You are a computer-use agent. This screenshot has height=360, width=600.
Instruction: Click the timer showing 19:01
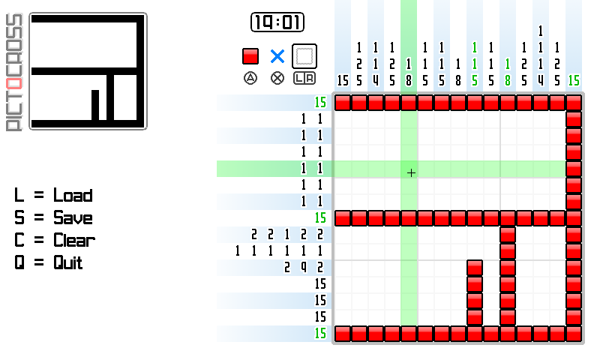pyautogui.click(x=277, y=23)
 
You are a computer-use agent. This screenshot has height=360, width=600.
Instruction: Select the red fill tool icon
pyautogui.click(x=250, y=56)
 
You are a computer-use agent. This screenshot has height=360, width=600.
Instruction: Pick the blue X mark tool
pyautogui.click(x=277, y=56)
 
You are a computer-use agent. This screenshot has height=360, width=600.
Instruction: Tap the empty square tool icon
pyautogui.click(x=304, y=56)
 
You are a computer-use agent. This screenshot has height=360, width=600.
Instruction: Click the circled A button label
pyautogui.click(x=250, y=77)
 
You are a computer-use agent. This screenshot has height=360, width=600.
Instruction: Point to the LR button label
pyautogui.click(x=304, y=77)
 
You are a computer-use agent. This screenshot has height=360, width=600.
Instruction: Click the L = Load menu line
pyautogui.click(x=53, y=196)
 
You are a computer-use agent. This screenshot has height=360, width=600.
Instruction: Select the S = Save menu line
pyautogui.click(x=53, y=218)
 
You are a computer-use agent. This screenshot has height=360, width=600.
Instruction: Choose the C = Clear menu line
pyautogui.click(x=55, y=241)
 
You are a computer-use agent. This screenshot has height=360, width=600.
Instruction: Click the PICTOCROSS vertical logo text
pyautogui.click(x=14, y=72)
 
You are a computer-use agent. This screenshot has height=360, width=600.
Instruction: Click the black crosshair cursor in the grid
pyautogui.click(x=411, y=173)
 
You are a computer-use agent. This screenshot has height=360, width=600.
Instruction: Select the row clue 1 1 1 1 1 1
pyautogui.click(x=279, y=250)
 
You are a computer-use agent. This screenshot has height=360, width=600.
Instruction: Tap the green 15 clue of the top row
pyautogui.click(x=321, y=102)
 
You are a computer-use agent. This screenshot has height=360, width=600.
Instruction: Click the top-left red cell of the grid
pyautogui.click(x=343, y=103)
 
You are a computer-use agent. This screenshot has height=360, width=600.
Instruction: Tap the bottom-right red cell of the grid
pyautogui.click(x=574, y=333)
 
